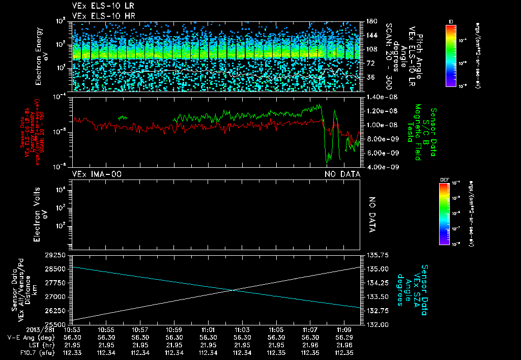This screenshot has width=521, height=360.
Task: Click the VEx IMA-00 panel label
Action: [x=97, y=174]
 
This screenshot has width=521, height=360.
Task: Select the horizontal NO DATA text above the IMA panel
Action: [x=342, y=174]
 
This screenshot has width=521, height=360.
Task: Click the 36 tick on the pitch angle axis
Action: [x=371, y=78]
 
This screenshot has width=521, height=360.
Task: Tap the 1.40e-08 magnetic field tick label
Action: [x=379, y=97]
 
